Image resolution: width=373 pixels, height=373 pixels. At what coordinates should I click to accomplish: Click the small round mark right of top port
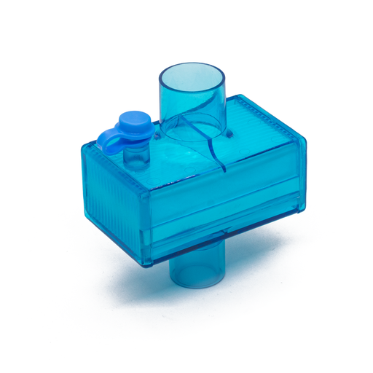232,134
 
